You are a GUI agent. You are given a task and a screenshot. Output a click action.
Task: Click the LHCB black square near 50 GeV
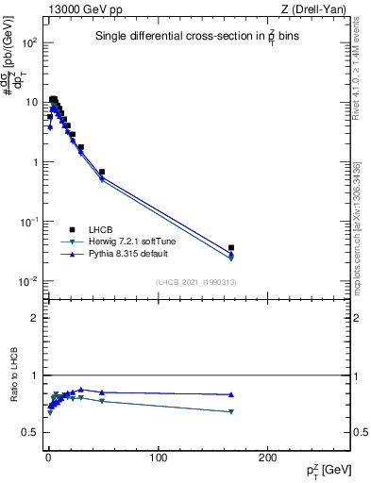coord(102,173)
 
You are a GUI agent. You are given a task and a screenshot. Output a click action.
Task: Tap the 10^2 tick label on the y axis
coord(31,43)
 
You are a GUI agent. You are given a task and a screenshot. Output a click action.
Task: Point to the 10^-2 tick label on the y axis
coord(31,281)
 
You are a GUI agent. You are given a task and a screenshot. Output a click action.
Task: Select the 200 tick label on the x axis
coord(268,457)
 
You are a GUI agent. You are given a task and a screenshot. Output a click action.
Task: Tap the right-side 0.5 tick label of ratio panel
coord(360,432)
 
